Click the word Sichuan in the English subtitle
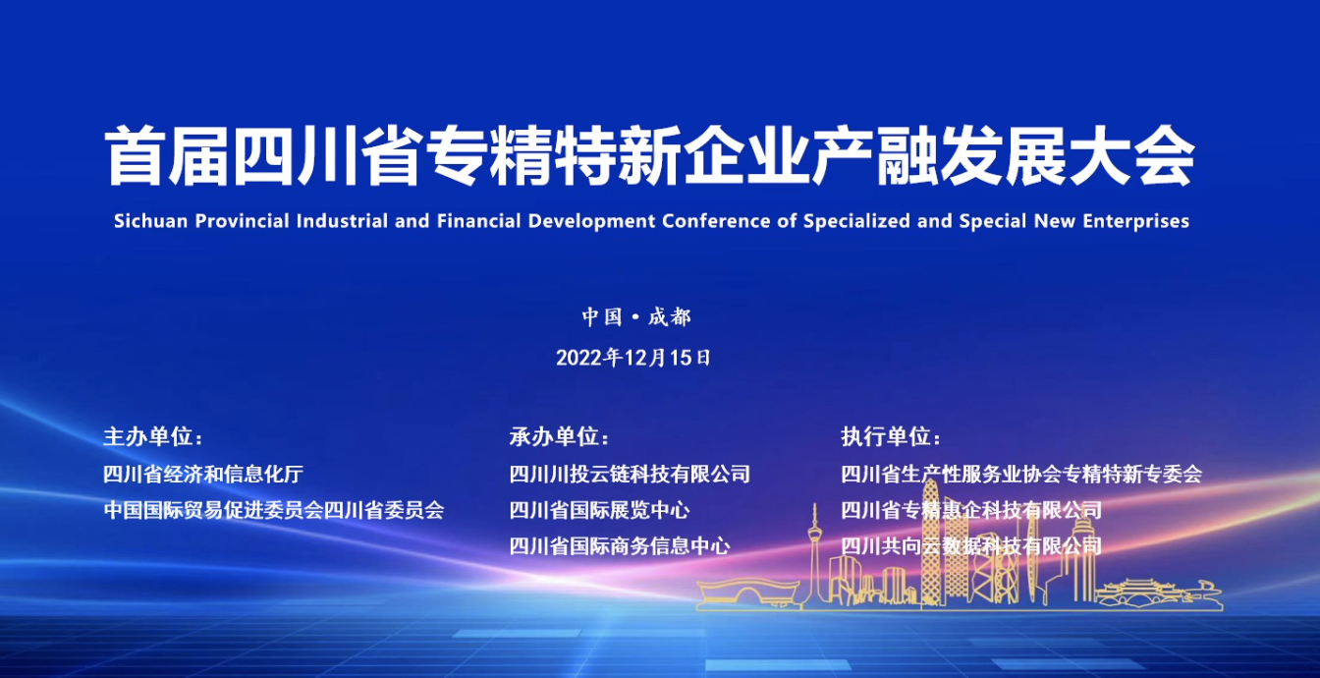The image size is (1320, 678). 150,221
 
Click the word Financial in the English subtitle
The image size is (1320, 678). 478,221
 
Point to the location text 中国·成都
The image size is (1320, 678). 636,317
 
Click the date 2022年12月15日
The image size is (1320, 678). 634,358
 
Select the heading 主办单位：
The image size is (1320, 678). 153,437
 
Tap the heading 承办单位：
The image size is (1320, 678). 559,437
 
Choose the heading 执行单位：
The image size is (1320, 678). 891,437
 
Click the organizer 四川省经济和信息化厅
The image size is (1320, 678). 203,474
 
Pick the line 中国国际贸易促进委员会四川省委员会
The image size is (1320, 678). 273,510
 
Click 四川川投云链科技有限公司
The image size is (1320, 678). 630,474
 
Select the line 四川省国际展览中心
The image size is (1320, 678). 599,510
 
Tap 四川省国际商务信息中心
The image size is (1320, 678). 620,546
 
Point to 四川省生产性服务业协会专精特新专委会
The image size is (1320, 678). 1021,474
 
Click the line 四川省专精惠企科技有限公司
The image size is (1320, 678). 971,510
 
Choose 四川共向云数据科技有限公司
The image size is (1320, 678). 971,546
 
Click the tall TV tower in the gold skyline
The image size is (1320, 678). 815,554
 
